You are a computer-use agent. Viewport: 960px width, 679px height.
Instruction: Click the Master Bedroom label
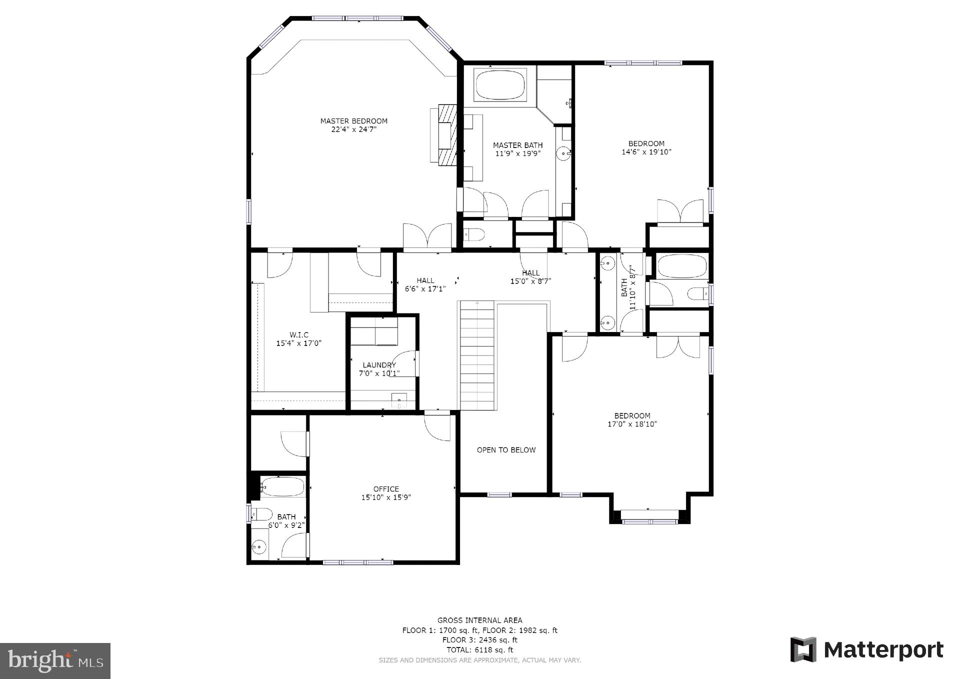tap(353, 121)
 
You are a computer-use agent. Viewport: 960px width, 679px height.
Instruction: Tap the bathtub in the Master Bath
tap(500, 85)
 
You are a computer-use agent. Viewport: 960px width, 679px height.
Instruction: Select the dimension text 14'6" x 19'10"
tap(646, 152)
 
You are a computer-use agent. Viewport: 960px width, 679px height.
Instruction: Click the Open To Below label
tap(506, 450)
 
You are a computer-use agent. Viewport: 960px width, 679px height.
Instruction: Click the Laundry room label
tap(379, 365)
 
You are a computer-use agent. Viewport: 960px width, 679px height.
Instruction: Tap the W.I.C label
tap(298, 335)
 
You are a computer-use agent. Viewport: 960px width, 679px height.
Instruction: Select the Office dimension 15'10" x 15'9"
tap(386, 497)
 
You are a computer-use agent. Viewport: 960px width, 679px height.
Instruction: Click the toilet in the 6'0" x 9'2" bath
tap(261, 513)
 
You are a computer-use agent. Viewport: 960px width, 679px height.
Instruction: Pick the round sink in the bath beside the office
tap(259, 547)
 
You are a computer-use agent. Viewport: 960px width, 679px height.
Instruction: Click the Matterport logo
tap(866, 650)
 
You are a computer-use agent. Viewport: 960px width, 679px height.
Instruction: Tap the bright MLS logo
tap(55, 660)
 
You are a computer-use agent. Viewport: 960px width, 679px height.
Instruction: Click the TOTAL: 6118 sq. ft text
tap(479, 650)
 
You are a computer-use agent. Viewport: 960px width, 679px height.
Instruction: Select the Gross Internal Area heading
tap(479, 620)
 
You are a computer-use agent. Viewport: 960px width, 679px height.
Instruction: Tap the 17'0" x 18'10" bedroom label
tap(632, 420)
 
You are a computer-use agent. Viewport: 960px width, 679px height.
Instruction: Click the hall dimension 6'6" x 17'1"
tap(425, 288)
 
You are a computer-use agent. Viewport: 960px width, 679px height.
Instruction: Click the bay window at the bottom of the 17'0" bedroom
tap(649, 521)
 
